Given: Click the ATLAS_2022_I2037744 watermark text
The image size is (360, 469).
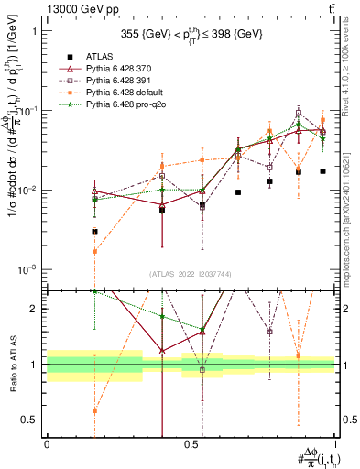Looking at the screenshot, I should (x=191, y=274).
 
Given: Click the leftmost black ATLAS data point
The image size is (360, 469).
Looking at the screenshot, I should (x=94, y=232).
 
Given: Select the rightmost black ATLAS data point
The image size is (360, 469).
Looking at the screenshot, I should (x=322, y=171).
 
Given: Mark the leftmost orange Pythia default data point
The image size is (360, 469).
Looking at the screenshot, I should (x=94, y=251).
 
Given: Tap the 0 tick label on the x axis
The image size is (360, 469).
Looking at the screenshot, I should (x=47, y=443).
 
